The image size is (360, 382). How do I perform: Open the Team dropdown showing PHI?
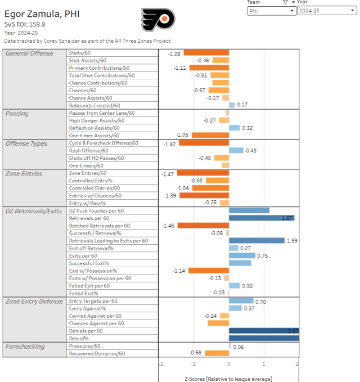[x=271, y=11]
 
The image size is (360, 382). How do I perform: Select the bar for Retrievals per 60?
[x=262, y=218]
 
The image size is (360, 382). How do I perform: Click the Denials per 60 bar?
[x=263, y=331]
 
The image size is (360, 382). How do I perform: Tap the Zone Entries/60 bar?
[x=203, y=173]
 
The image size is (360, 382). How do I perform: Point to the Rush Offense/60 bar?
[x=236, y=150]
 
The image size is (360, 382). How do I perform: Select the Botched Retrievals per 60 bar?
[x=203, y=226]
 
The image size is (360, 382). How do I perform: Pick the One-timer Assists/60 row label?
[x=94, y=136]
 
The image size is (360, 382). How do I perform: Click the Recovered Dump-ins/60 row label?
[x=97, y=353]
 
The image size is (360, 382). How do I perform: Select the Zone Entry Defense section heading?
[x=34, y=301]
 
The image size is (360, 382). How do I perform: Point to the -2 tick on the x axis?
[x=161, y=364]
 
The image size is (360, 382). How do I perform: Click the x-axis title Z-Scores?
[x=228, y=378]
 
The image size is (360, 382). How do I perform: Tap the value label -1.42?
[x=169, y=143]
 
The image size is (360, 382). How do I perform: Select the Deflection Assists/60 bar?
[x=235, y=128]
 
